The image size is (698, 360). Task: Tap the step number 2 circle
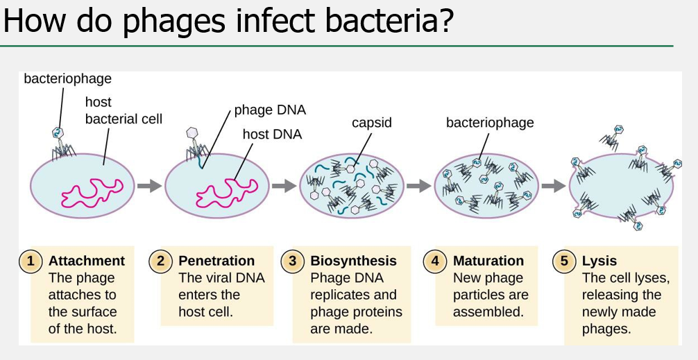pyautogui.click(x=160, y=262)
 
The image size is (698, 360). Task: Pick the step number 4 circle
pyautogui.click(x=435, y=262)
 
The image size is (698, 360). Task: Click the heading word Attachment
pyautogui.click(x=87, y=262)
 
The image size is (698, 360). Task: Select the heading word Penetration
pyautogui.click(x=216, y=262)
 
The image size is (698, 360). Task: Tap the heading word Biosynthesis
pyautogui.click(x=353, y=262)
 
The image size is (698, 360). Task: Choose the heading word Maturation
pyautogui.click(x=488, y=262)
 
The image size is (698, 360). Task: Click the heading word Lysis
pyautogui.click(x=599, y=262)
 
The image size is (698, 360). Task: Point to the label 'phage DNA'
pyautogui.click(x=270, y=110)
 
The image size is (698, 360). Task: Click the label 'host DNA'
pyautogui.click(x=272, y=134)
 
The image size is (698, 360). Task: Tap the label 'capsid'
pyautogui.click(x=372, y=123)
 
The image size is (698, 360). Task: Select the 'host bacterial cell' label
pyautogui.click(x=124, y=111)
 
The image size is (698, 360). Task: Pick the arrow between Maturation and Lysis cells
pyautogui.click(x=552, y=186)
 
